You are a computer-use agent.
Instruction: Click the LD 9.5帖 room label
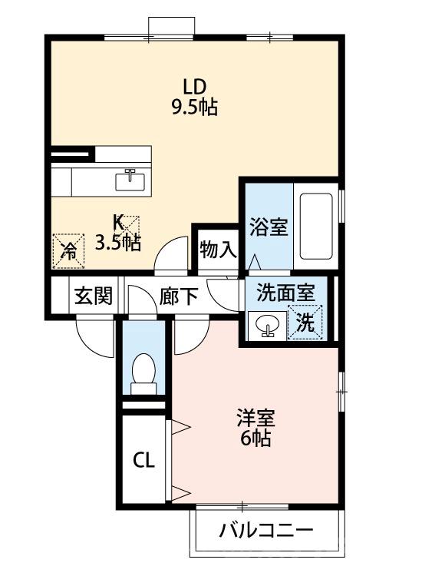coord(193,96)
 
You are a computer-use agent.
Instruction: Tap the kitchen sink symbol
coord(129,180)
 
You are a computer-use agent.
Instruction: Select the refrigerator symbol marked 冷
coord(68,250)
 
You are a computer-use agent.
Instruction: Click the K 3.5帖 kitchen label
coord(117,233)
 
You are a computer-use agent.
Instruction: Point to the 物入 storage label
coord(217,250)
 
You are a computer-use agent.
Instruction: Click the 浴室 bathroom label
coord(268,227)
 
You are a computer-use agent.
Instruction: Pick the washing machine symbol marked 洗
coord(305,323)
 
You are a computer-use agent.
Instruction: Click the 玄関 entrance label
coord(94,296)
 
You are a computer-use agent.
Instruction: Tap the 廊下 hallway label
coord(178,296)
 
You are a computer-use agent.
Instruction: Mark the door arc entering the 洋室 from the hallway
coord(192,336)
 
